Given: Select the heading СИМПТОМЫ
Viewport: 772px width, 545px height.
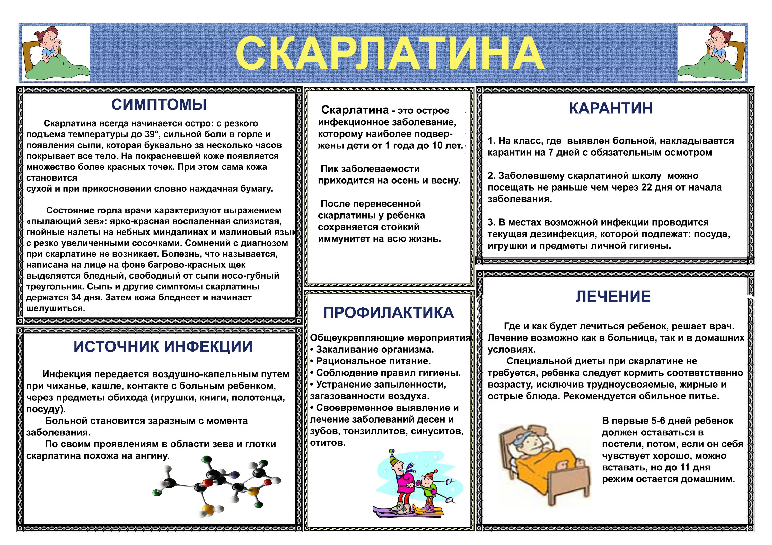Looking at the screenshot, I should click(x=159, y=104).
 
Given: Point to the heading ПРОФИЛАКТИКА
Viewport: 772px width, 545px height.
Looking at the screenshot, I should click(x=388, y=312).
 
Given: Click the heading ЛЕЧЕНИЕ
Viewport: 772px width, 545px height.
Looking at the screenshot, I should click(x=613, y=296).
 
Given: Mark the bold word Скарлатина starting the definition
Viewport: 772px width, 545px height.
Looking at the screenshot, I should click(x=355, y=110).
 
